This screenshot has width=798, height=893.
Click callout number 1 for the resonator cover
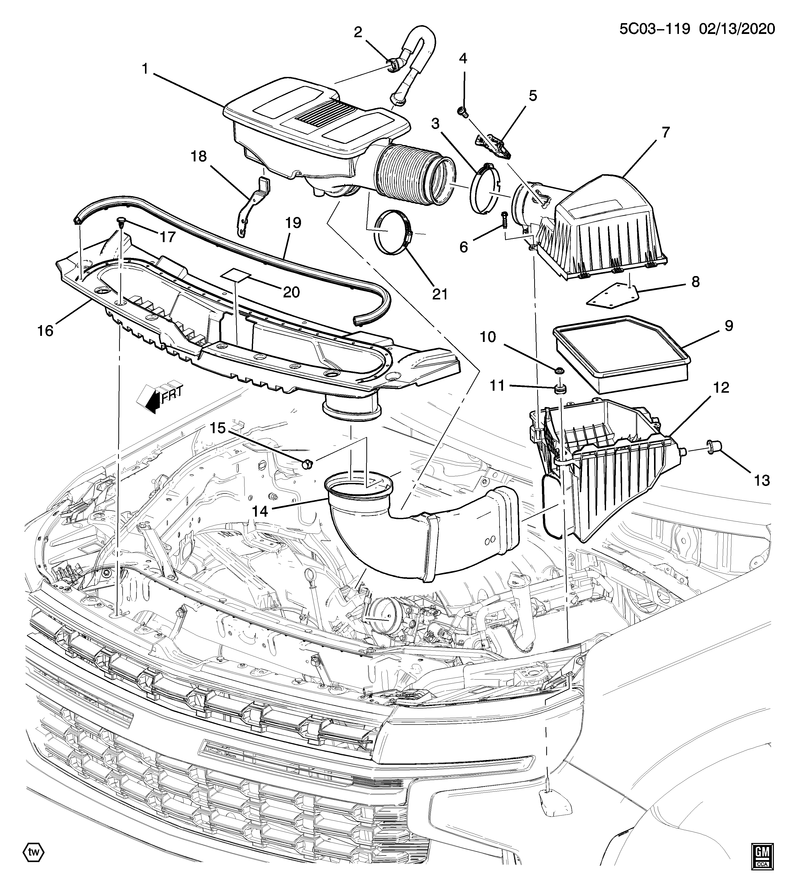click(145, 69)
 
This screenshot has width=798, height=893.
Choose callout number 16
click(45, 331)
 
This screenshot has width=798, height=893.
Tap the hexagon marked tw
click(33, 852)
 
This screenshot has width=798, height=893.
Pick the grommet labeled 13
click(713, 447)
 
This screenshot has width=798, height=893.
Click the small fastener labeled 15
click(307, 463)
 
